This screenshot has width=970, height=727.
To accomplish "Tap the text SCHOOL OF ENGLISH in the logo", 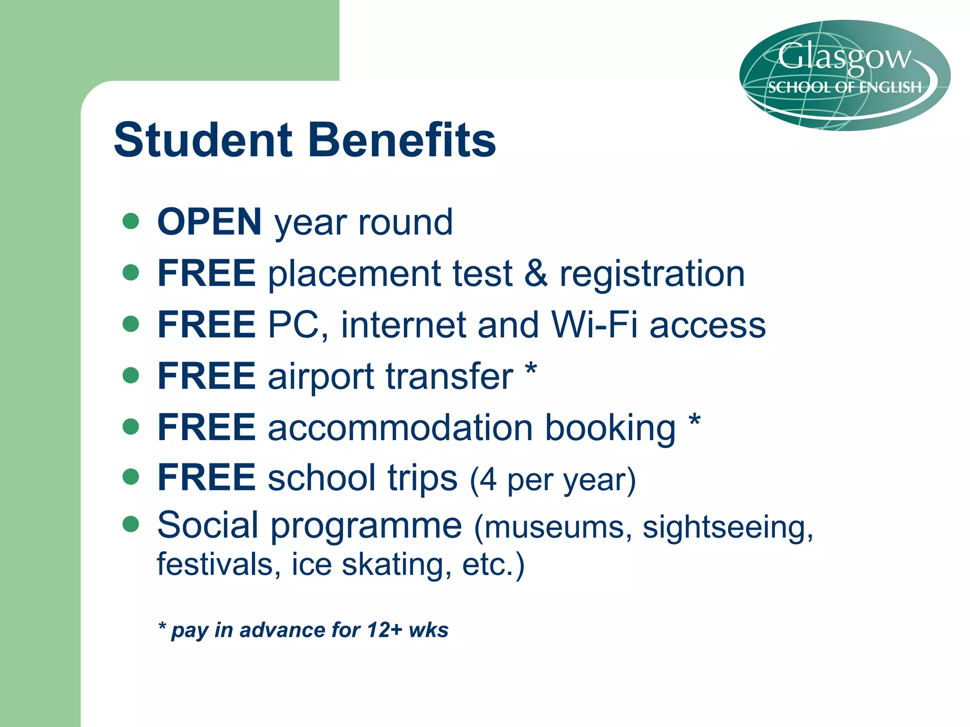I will [x=844, y=88].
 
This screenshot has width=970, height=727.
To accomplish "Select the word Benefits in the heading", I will [x=402, y=140].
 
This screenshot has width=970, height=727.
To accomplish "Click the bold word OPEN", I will [x=209, y=222].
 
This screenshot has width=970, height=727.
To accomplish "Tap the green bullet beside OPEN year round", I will [x=131, y=221].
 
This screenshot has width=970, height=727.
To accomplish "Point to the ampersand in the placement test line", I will [x=536, y=274].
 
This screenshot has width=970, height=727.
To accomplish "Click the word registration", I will [x=652, y=275].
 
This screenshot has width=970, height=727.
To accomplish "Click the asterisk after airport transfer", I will [x=531, y=370].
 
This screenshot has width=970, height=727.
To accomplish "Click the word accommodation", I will [x=401, y=428].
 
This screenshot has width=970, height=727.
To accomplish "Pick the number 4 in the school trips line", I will [x=488, y=480].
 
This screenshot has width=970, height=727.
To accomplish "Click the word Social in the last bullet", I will [x=208, y=525].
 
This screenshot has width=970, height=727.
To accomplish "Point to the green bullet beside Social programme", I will [x=131, y=524].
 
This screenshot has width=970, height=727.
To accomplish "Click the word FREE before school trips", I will [x=207, y=478].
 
